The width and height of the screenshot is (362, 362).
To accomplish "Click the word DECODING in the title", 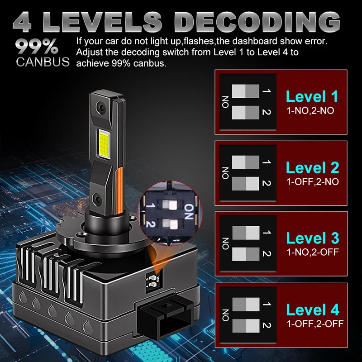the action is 257,22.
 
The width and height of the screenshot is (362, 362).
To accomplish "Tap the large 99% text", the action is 37,47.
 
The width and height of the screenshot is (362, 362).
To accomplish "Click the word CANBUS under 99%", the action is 43,62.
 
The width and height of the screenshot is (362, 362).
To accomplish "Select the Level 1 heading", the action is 312,96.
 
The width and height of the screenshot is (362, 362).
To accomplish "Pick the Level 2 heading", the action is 312,167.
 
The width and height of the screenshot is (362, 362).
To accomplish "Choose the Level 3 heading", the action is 313,238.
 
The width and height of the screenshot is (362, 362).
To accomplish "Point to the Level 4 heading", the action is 313,310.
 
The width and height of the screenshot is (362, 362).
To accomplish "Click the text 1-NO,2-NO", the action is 310,111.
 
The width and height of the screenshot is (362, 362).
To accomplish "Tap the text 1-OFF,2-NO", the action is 313,182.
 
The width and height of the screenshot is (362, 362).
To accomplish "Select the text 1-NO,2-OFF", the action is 313,252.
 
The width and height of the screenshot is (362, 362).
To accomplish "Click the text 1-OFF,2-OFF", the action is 315,324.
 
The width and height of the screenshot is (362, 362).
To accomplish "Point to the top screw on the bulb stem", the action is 101,107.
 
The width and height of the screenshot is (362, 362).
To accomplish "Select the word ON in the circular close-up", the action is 189,212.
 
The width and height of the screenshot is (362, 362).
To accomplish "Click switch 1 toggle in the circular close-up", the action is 170,205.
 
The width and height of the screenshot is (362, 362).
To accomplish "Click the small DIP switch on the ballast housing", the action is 153,281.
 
